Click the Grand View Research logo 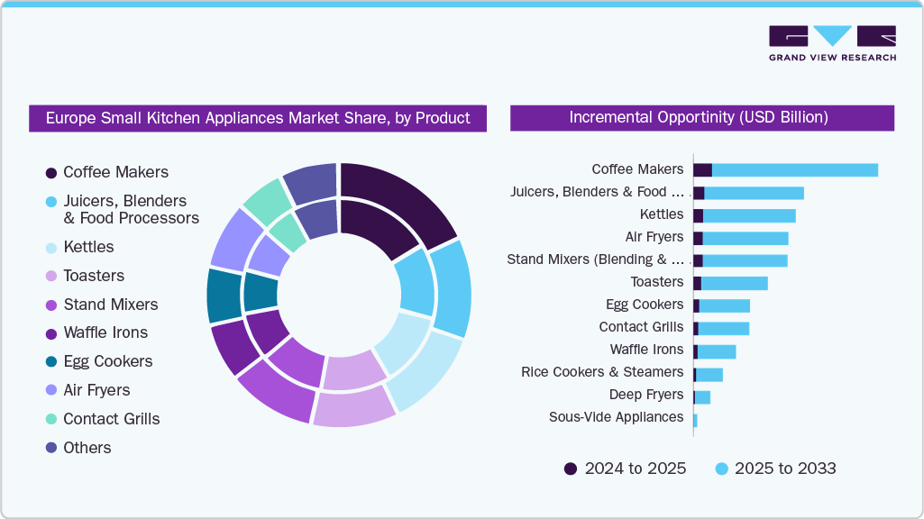pyautogui.click(x=831, y=43)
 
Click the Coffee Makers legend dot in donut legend pyautogui.click(x=51, y=172)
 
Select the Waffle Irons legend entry pyautogui.click(x=105, y=332)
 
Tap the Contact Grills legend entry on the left pyautogui.click(x=110, y=419)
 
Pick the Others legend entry pyautogui.click(x=87, y=448)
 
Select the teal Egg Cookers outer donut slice pyautogui.click(x=223, y=296)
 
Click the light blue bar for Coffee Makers pyautogui.click(x=793, y=170)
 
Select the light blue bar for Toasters pyautogui.click(x=734, y=283)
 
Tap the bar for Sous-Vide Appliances pyautogui.click(x=695, y=420)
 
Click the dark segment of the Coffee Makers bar pyautogui.click(x=702, y=170)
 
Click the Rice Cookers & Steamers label pyautogui.click(x=602, y=372)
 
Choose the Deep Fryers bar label pyautogui.click(x=645, y=395)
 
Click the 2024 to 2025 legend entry pyautogui.click(x=624, y=469)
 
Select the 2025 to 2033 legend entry pyautogui.click(x=774, y=469)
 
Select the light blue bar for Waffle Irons pyautogui.click(x=717, y=351)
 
